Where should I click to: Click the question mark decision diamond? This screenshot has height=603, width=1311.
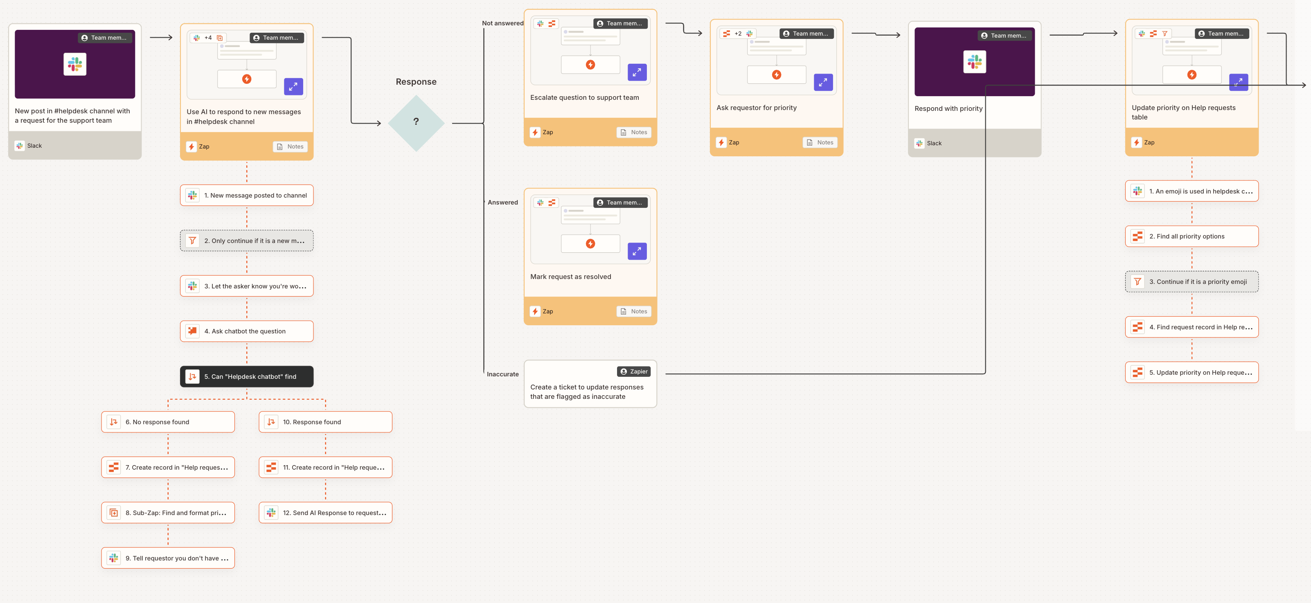pyautogui.click(x=416, y=122)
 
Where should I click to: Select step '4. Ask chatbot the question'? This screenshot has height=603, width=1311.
pyautogui.click(x=247, y=331)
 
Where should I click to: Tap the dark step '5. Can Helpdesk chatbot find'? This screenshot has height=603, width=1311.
pyautogui.click(x=247, y=376)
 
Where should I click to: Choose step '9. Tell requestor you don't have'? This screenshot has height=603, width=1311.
pyautogui.click(x=168, y=558)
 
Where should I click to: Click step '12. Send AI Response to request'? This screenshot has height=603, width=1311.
pyautogui.click(x=326, y=513)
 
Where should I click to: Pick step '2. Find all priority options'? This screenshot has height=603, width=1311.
pyautogui.click(x=1192, y=236)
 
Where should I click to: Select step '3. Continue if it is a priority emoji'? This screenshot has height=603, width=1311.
pyautogui.click(x=1192, y=282)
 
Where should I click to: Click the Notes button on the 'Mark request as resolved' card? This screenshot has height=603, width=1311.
pyautogui.click(x=634, y=311)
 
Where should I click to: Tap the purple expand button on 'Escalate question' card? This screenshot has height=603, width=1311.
pyautogui.click(x=637, y=73)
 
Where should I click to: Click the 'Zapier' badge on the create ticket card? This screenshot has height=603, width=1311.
pyautogui.click(x=634, y=371)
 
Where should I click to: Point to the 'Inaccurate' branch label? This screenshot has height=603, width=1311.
pyautogui.click(x=502, y=374)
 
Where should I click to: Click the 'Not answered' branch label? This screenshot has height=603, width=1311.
pyautogui.click(x=502, y=23)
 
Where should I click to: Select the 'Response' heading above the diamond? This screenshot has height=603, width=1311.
pyautogui.click(x=416, y=82)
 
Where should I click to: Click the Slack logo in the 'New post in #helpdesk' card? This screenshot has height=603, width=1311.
pyautogui.click(x=75, y=65)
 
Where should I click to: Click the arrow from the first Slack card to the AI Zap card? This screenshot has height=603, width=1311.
pyautogui.click(x=161, y=38)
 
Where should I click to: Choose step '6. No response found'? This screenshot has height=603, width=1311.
pyautogui.click(x=168, y=422)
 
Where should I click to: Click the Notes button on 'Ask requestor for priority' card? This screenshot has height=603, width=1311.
pyautogui.click(x=820, y=142)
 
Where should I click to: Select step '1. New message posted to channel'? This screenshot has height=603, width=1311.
pyautogui.click(x=247, y=196)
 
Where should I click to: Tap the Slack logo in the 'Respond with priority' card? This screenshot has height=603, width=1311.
pyautogui.click(x=974, y=62)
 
